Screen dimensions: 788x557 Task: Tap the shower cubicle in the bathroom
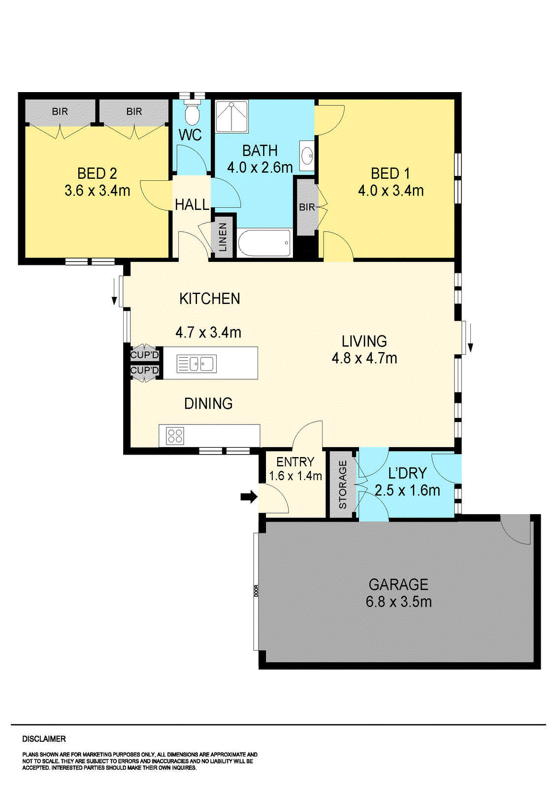point(231,117)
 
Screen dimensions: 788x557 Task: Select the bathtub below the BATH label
point(264,243)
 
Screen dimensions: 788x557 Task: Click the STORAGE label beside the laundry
point(343,485)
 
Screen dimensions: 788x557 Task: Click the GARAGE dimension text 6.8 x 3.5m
point(398,601)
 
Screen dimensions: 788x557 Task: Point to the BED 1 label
point(390,173)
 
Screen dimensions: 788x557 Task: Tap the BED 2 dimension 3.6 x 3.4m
point(98,191)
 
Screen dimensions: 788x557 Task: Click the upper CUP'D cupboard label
point(144,355)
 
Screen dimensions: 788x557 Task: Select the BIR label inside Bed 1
point(306,207)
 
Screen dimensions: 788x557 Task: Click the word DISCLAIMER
point(44,739)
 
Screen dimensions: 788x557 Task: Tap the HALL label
point(192,204)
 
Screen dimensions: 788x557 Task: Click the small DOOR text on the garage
point(256,591)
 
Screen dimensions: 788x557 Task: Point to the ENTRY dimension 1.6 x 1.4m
point(295,476)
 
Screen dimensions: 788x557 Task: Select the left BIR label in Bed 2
point(60,112)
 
